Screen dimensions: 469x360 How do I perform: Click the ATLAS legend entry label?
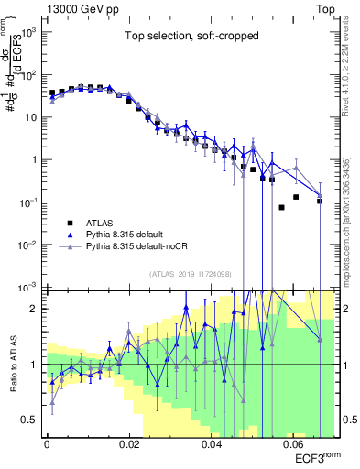pyautogui.click(x=101, y=222)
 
